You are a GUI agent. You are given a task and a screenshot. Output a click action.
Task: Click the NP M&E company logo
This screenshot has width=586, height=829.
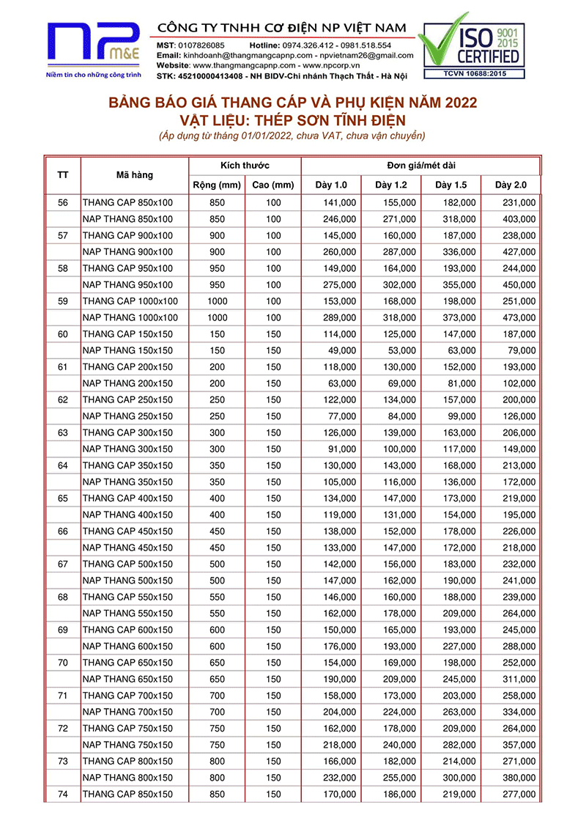pyautogui.click(x=92, y=44)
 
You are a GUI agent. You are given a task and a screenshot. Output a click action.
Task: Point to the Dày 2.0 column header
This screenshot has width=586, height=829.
pyautogui.click(x=510, y=185)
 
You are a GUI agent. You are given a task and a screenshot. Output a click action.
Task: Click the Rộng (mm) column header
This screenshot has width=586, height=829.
pyautogui.click(x=217, y=185)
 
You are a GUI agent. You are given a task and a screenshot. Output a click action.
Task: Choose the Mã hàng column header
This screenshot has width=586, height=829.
pyautogui.click(x=135, y=175)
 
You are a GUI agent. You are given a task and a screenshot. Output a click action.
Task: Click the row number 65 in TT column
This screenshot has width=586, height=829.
pyautogui.click(x=62, y=498)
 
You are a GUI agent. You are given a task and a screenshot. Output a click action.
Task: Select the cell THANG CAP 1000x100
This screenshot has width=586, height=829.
pyautogui.click(x=130, y=301)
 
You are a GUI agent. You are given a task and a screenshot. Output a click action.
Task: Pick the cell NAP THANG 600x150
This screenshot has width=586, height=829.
pyautogui.click(x=127, y=646)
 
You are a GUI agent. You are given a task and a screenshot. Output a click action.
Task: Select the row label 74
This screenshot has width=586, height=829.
pyautogui.click(x=62, y=795)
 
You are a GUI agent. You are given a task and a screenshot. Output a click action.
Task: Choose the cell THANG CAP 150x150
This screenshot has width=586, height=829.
pyautogui.click(x=127, y=334)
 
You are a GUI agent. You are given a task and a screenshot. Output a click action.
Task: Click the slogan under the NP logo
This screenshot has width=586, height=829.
pyautogui.click(x=92, y=75)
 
